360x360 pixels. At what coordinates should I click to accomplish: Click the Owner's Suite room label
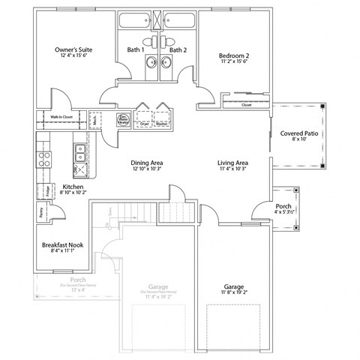tap(72, 50)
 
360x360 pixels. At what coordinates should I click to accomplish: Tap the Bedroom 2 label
tap(232, 55)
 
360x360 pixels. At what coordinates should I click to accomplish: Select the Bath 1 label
tap(136, 50)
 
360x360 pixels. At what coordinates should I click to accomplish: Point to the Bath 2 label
tap(177, 50)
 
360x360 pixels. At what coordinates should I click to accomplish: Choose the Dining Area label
tap(147, 163)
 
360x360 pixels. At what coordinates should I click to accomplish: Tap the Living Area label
tap(232, 163)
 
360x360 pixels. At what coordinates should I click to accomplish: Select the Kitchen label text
tap(73, 187)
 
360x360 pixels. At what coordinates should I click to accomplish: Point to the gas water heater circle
tap(123, 118)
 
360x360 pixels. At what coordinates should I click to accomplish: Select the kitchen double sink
tap(79, 154)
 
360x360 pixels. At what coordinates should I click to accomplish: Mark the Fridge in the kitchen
tap(46, 190)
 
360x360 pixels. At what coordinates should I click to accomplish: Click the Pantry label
tap(40, 212)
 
